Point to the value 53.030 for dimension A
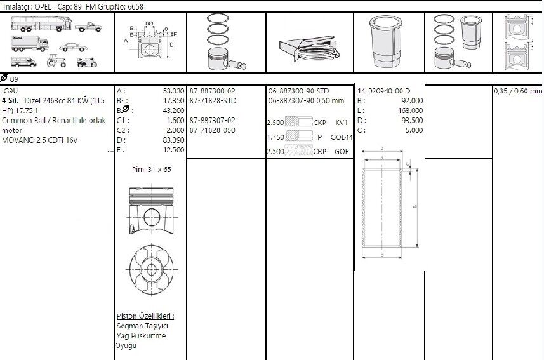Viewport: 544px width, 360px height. coord(173,91)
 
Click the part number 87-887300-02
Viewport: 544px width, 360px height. coord(212,91)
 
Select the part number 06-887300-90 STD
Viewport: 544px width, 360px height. coord(298,91)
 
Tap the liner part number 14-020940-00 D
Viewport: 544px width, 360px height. coord(383,91)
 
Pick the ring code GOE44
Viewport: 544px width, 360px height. coord(342,137)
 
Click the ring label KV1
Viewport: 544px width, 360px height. coord(342,121)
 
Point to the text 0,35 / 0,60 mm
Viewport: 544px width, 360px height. coord(518,91)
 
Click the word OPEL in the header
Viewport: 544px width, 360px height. coord(43,5)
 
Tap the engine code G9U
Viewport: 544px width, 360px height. coord(11,91)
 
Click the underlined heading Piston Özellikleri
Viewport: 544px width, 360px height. coord(145,316)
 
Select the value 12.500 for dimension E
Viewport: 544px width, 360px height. coord(173,150)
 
